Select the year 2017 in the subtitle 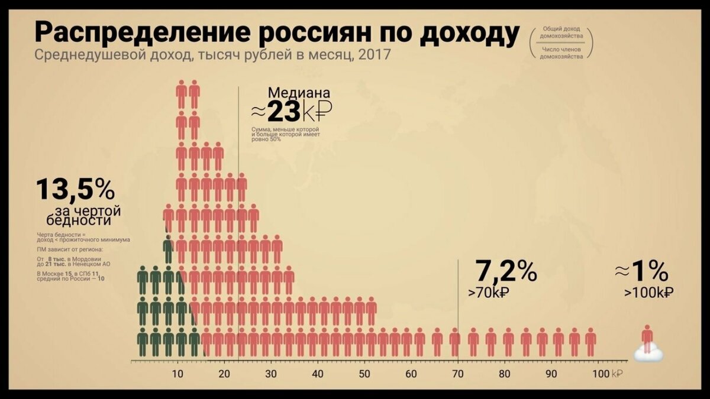tap(376, 56)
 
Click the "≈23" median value tap(283, 111)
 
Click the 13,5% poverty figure tap(75, 189)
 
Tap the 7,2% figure tap(506, 271)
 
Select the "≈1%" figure tap(641, 271)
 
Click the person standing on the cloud tap(648, 338)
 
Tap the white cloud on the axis tap(648, 354)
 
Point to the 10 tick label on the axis tap(177, 374)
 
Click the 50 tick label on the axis tap(365, 374)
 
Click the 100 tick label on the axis tap(599, 374)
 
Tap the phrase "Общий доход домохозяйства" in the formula tap(561, 33)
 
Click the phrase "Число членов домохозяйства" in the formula tap(561, 53)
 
